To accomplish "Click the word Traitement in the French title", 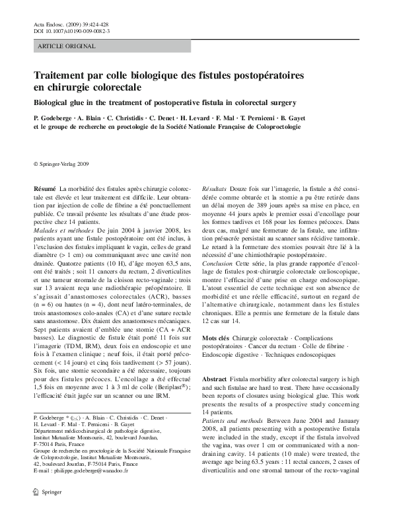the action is click(x=62, y=76).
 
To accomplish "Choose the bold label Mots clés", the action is click(x=215, y=338).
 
